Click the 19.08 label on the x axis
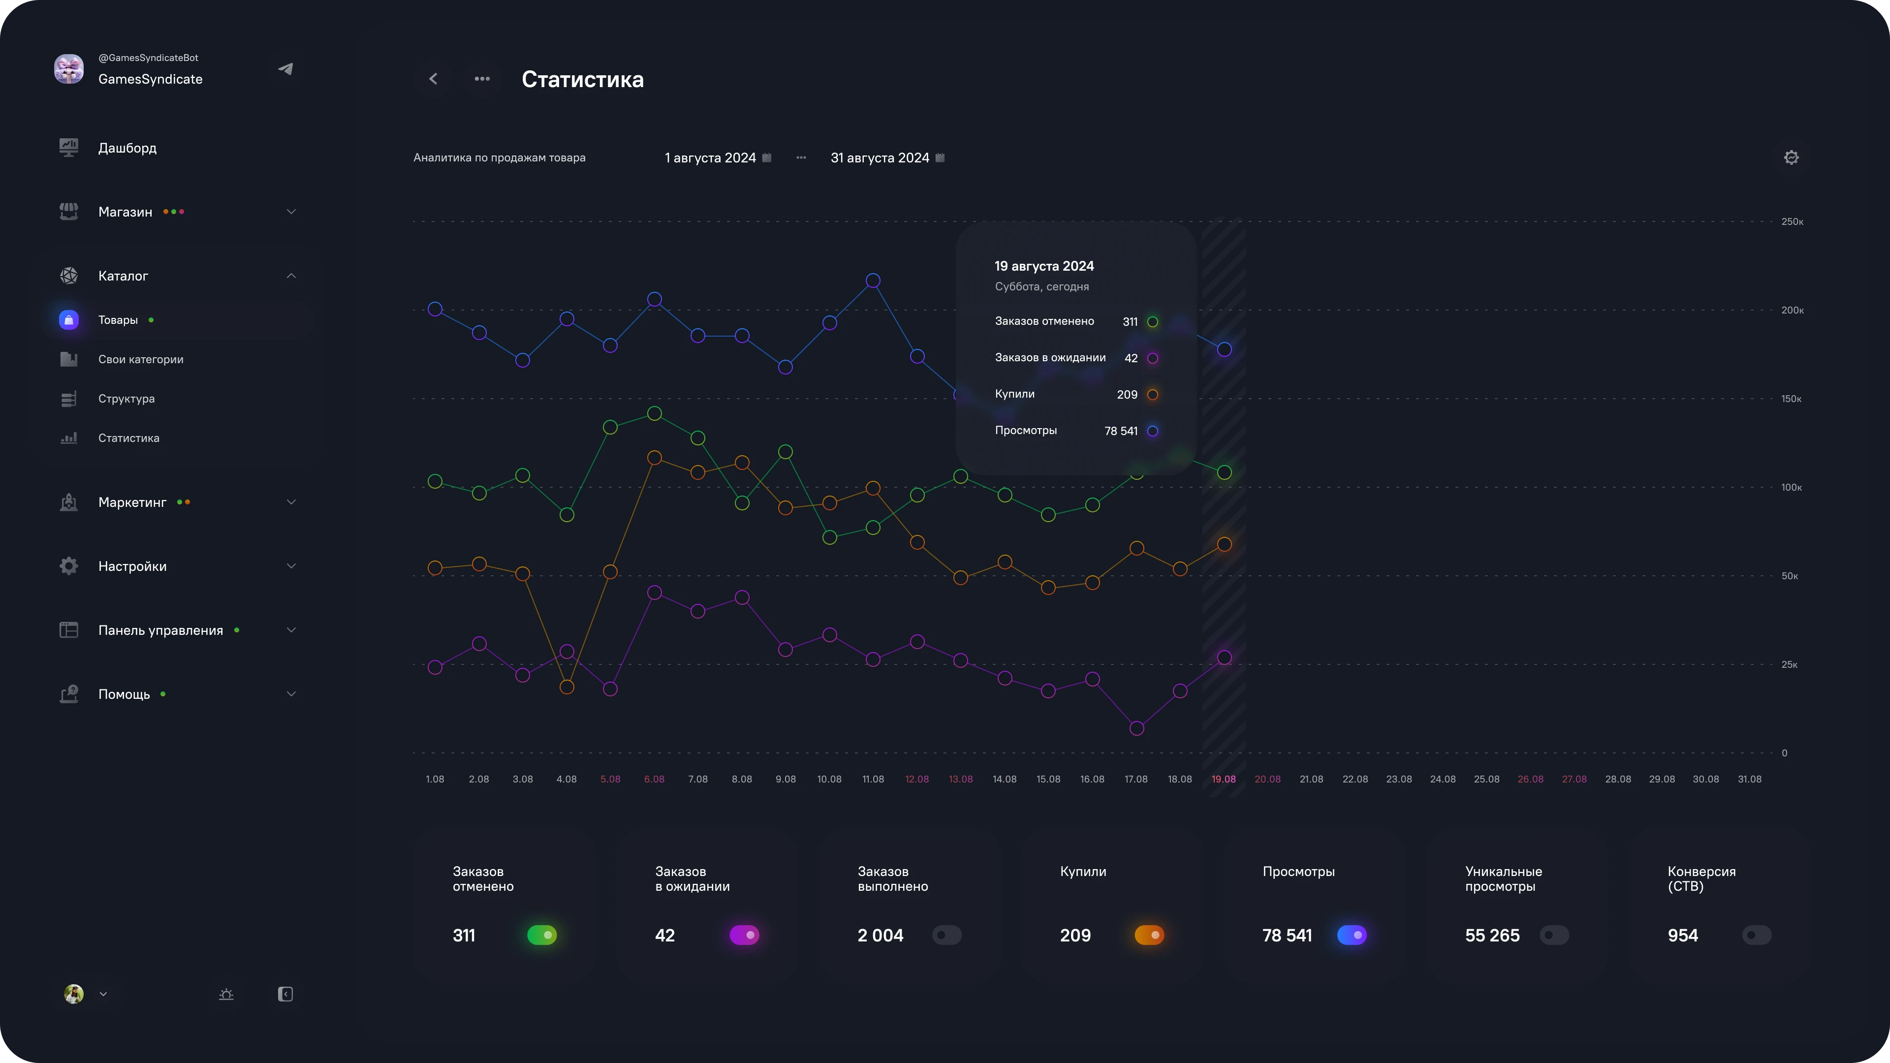tap(1223, 779)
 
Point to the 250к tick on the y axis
tap(1792, 221)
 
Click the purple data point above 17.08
tap(1136, 728)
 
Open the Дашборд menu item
tap(127, 148)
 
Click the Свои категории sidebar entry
tap(141, 359)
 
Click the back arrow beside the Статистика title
tap(434, 79)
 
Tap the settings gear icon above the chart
tap(1791, 157)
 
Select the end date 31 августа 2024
tap(880, 157)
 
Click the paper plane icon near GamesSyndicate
tap(285, 69)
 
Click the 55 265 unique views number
tap(1492, 936)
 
